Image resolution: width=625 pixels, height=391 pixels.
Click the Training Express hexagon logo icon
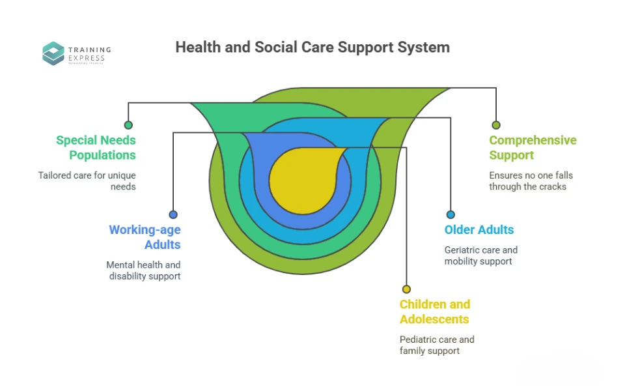coord(53,53)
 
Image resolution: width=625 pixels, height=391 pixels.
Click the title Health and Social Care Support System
coord(312,48)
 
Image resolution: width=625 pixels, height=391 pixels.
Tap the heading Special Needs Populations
coord(96,148)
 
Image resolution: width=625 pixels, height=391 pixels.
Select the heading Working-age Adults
coord(145,237)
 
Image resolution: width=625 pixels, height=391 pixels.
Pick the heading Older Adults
coord(479,230)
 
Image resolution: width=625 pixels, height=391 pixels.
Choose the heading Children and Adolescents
coord(434,311)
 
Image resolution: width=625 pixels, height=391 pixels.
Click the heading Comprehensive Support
coord(533,148)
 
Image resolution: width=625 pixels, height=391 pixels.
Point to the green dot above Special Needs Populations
coord(128,125)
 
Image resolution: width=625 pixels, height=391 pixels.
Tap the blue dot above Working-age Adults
coord(173,214)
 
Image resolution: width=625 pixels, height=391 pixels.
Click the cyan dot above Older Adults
coord(451,214)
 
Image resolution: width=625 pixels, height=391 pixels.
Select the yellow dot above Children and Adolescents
coord(406,289)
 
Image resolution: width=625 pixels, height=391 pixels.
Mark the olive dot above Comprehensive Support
coord(496,125)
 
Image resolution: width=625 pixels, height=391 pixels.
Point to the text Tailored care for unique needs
coord(87,181)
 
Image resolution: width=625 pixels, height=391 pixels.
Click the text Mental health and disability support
coord(144,270)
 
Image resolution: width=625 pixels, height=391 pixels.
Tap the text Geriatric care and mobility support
coord(481,255)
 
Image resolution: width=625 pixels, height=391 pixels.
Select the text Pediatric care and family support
coord(437,345)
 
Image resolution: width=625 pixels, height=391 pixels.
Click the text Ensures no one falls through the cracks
coord(531,181)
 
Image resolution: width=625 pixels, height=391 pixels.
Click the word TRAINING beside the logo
coord(90,50)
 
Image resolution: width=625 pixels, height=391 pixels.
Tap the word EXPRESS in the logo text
coord(87,59)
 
